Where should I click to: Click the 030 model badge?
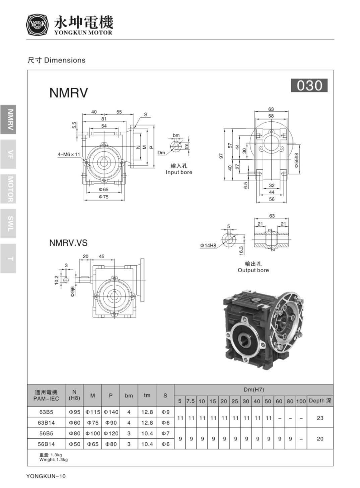(309, 86)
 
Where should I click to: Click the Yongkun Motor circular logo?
(37, 25)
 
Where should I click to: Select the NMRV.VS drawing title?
(68, 243)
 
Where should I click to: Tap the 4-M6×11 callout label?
(69, 154)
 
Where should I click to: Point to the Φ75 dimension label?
(105, 197)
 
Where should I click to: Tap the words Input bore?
(179, 172)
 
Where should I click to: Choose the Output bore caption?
(253, 270)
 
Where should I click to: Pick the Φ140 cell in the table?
(110, 412)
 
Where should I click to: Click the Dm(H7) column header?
(253, 389)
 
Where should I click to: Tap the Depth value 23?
(320, 418)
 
